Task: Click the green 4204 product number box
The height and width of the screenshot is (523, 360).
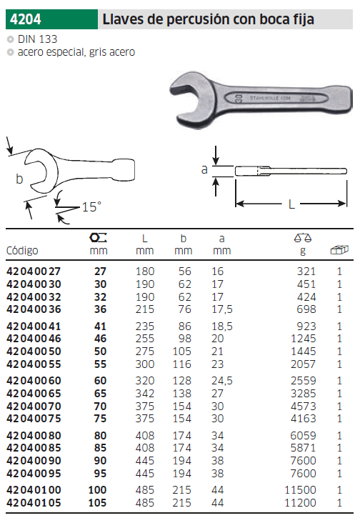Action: coord(51,19)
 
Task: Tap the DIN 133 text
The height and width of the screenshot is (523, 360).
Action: coord(37,39)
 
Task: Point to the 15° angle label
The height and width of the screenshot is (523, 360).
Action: coord(91,206)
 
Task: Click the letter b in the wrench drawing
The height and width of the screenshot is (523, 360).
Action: coord(20,179)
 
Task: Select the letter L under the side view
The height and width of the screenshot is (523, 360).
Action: coord(291,204)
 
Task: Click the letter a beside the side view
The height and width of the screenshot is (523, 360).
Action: coord(204,170)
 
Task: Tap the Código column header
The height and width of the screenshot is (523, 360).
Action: coord(22,251)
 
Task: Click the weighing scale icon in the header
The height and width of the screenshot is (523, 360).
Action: coord(303,238)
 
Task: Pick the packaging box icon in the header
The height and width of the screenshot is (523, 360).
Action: coord(339,250)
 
